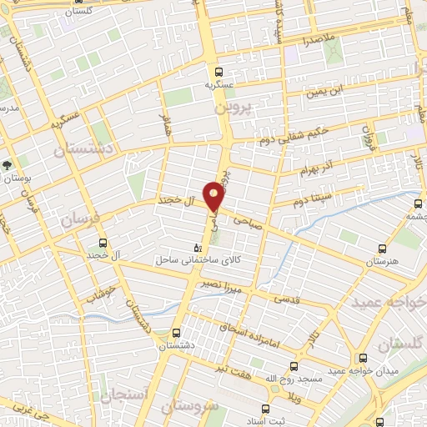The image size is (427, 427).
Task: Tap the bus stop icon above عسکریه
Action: click(x=219, y=72)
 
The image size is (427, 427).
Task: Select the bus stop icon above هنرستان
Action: click(x=383, y=249)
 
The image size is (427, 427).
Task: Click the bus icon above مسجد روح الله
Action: click(x=294, y=366)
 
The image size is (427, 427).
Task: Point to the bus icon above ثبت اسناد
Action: click(x=266, y=409)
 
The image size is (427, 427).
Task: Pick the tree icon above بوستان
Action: click(x=8, y=166)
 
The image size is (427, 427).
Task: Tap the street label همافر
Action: click(x=164, y=128)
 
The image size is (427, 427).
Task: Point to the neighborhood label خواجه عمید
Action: click(x=389, y=302)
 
